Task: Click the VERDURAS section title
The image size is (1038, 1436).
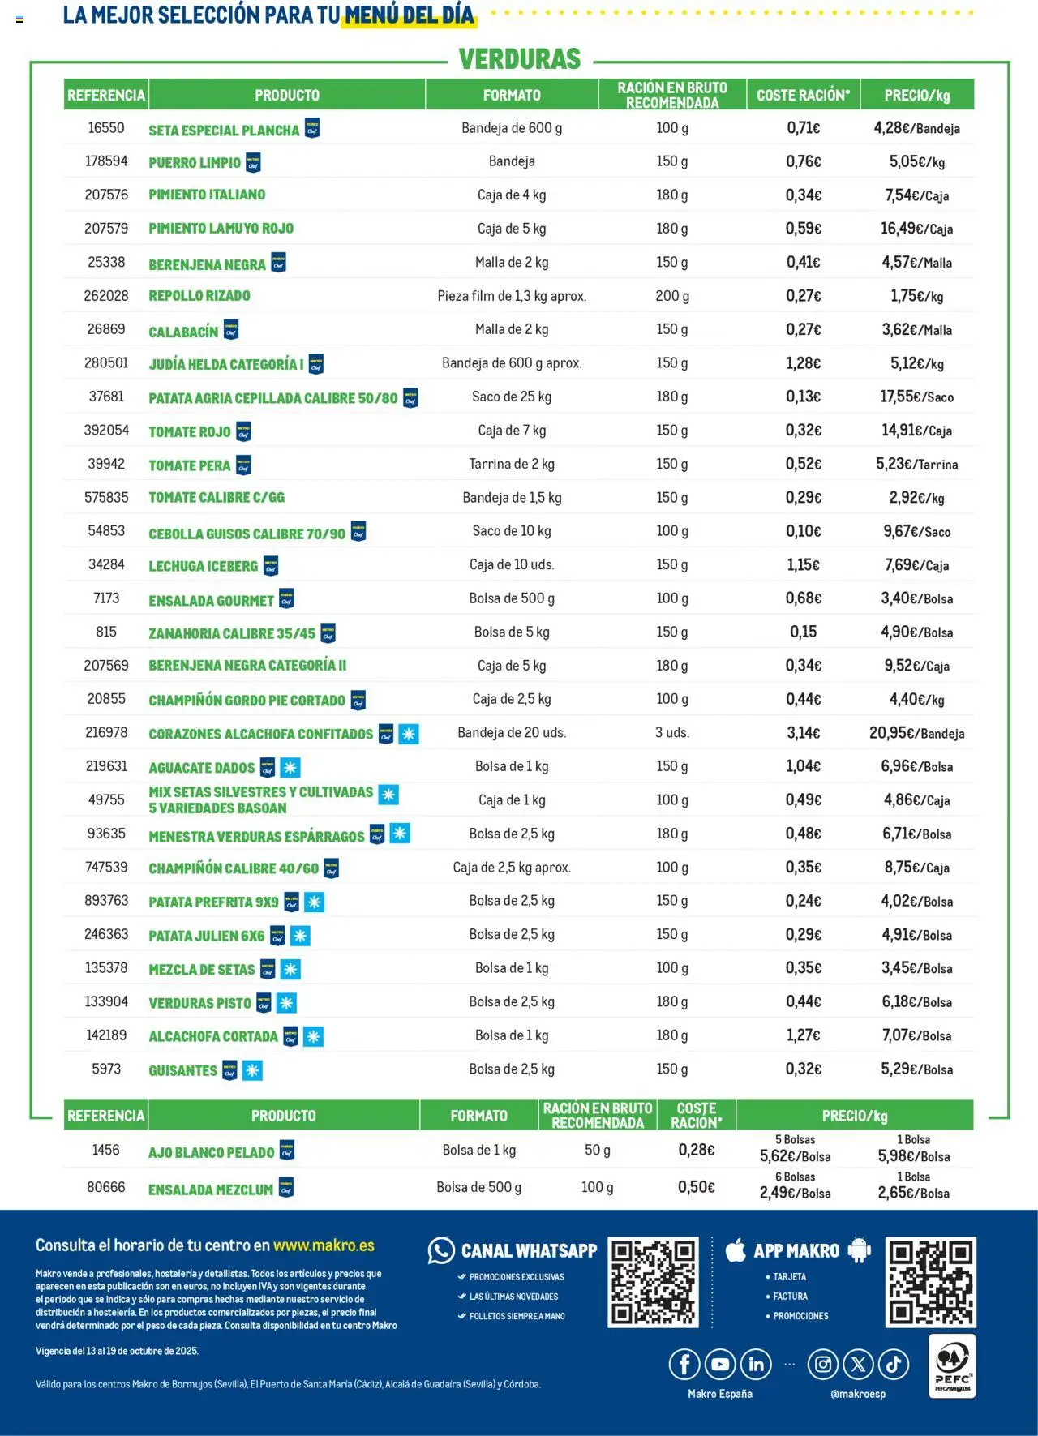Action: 520,59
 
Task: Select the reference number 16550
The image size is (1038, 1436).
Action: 106,128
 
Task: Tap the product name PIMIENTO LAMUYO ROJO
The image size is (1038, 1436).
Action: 221,229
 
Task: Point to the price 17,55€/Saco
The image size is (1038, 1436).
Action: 916,397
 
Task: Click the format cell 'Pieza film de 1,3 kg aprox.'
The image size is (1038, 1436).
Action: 512,296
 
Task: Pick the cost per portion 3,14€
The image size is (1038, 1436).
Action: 803,733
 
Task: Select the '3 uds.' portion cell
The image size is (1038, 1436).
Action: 672,733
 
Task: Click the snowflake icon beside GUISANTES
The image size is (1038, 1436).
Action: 253,1070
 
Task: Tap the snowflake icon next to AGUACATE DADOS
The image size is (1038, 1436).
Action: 290,767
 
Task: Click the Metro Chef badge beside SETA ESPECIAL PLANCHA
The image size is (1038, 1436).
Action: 312,129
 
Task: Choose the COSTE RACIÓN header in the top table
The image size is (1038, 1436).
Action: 803,95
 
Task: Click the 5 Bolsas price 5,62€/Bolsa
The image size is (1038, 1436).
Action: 795,1156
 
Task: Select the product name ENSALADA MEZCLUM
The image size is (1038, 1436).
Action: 211,1190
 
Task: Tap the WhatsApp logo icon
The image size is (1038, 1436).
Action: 441,1251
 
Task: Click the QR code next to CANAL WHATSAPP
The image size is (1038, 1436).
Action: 653,1282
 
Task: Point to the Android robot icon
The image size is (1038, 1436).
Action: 859,1250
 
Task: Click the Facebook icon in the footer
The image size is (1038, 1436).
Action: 684,1365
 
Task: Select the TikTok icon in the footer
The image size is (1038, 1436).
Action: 894,1365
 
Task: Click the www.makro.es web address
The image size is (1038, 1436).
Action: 324,1245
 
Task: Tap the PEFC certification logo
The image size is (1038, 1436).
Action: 952,1366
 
